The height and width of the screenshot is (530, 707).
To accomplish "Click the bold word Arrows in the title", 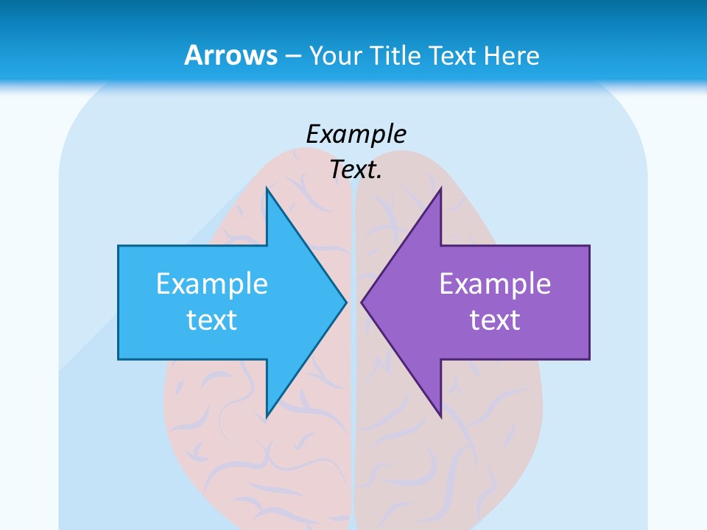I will (x=231, y=55).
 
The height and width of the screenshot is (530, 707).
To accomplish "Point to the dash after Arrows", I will (x=292, y=56).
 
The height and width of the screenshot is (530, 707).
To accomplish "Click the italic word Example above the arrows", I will (x=356, y=134).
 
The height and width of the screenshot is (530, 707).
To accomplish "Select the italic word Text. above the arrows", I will (x=356, y=170).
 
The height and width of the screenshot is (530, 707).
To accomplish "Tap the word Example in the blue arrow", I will (x=212, y=283).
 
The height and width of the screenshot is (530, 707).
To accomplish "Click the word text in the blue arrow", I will (x=212, y=320).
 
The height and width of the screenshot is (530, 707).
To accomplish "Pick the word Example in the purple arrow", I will (x=495, y=283).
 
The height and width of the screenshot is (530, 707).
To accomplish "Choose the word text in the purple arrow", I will (x=495, y=320).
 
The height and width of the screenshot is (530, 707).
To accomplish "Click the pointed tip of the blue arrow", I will (x=345, y=302).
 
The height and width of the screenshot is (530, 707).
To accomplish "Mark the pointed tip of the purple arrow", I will (x=362, y=302).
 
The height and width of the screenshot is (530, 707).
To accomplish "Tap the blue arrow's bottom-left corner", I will (x=119, y=359).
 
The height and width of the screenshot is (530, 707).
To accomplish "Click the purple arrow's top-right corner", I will (x=589, y=246).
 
